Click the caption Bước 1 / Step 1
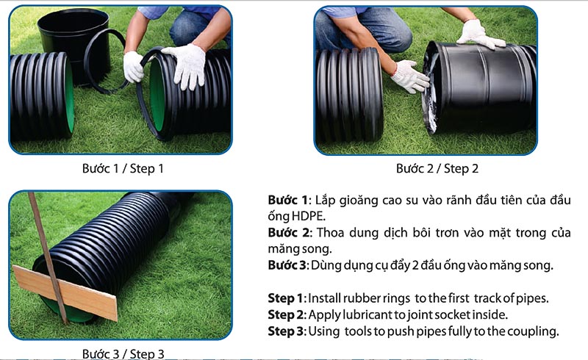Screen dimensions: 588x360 point(123,169)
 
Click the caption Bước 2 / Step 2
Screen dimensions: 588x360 point(437,169)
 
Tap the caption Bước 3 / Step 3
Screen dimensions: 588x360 point(123,353)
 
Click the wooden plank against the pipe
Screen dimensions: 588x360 point(65,292)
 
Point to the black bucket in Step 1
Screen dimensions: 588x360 point(73,41)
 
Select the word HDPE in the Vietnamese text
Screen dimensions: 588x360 point(309,217)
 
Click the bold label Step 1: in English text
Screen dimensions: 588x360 point(287,298)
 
